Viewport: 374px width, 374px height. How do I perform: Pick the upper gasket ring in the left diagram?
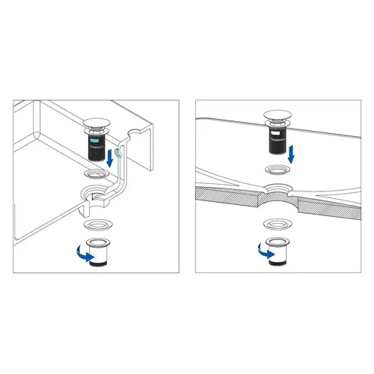tap(95, 174)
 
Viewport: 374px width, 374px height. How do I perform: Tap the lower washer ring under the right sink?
tap(276, 223)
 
